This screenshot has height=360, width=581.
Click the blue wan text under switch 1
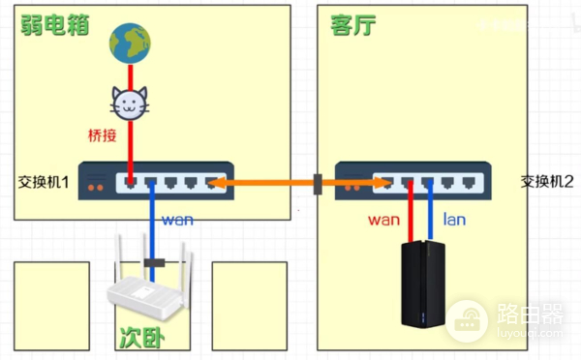176,219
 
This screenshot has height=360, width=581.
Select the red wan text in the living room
383,219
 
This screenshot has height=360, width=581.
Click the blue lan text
454,219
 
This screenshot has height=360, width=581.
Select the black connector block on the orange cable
318,182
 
